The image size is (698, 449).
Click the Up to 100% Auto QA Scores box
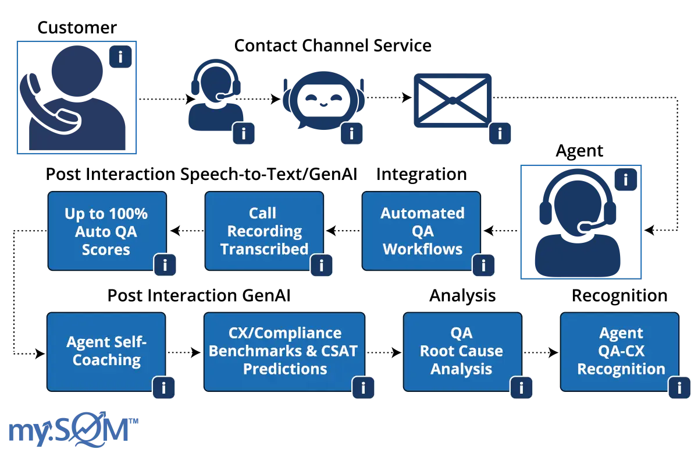click(106, 231)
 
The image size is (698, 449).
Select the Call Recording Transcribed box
click(264, 231)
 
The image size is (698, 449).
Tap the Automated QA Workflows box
click(422, 231)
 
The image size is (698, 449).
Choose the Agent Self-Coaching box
click(106, 351)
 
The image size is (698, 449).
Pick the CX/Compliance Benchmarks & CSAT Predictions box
click(284, 351)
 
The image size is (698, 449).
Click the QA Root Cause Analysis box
click(461, 351)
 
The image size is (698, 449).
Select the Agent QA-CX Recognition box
click(619, 351)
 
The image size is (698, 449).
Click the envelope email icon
click(451, 101)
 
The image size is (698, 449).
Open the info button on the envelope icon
click(500, 134)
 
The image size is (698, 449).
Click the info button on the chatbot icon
click(351, 134)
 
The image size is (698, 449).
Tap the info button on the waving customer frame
click(120, 57)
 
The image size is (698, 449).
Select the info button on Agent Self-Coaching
click(163, 387)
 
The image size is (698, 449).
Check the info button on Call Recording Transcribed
click(321, 266)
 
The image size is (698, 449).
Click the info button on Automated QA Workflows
click(483, 266)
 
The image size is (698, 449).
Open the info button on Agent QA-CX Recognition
click(679, 387)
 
